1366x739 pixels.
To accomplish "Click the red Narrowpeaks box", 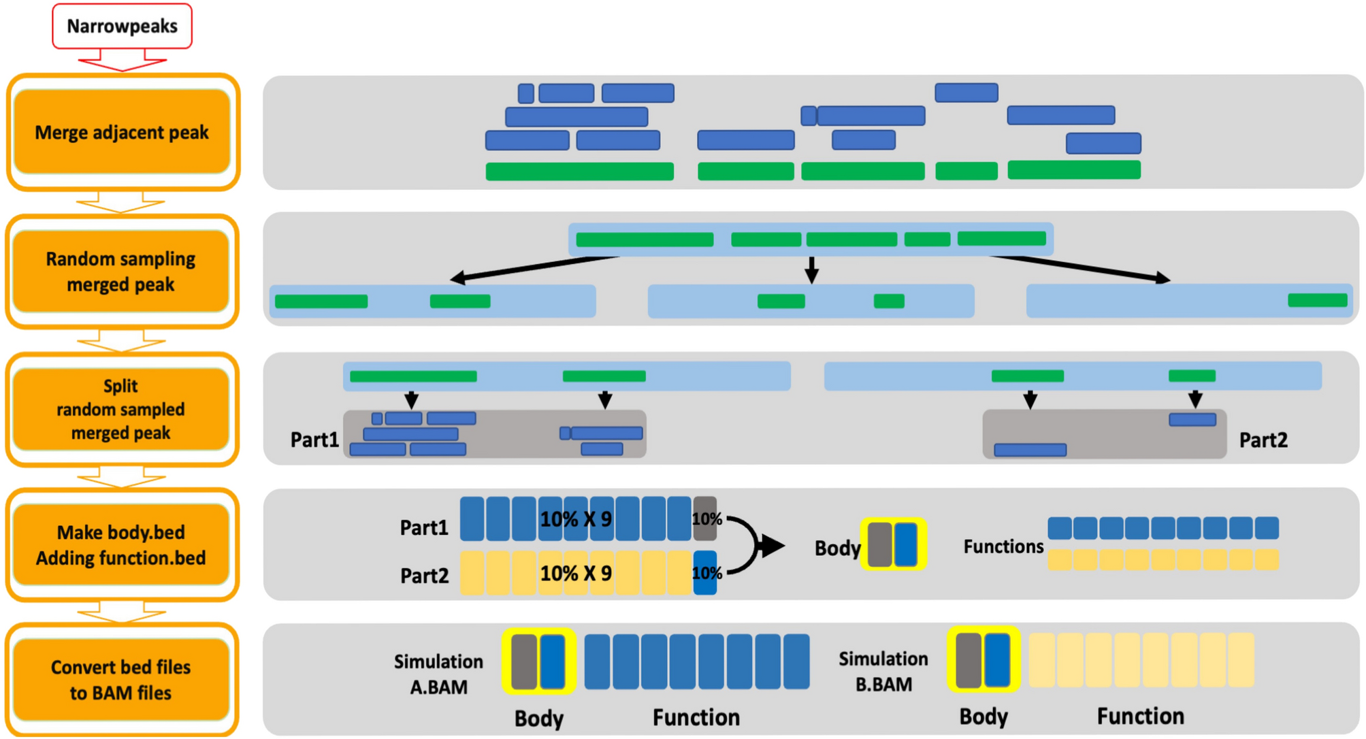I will [122, 26].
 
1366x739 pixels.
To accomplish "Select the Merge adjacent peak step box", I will [122, 132].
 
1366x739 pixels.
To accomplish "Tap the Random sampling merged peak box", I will [121, 272].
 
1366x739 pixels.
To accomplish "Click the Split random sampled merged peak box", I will [121, 409].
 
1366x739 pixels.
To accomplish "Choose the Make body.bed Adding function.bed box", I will [121, 545].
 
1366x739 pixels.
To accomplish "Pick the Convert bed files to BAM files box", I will [121, 680].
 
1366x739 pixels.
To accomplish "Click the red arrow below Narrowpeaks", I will [122, 62].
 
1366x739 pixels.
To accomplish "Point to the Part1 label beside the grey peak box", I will [314, 440].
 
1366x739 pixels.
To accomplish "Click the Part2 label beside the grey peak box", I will [1263, 440].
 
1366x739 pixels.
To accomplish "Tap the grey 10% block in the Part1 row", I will [705, 519].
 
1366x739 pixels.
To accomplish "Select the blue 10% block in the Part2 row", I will [705, 573].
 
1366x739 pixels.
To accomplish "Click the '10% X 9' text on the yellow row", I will [576, 573].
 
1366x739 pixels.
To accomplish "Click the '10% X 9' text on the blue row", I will [576, 519].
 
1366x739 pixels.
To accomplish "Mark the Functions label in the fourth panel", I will [1003, 546].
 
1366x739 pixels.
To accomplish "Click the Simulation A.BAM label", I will [438, 674].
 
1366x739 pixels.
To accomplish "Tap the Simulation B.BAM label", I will [883, 671].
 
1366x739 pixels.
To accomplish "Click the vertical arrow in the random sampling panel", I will [811, 269].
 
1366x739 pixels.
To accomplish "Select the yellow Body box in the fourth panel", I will [893, 544].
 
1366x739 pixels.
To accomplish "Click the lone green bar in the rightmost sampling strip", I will [1317, 301].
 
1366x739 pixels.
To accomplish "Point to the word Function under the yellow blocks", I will [1140, 716].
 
